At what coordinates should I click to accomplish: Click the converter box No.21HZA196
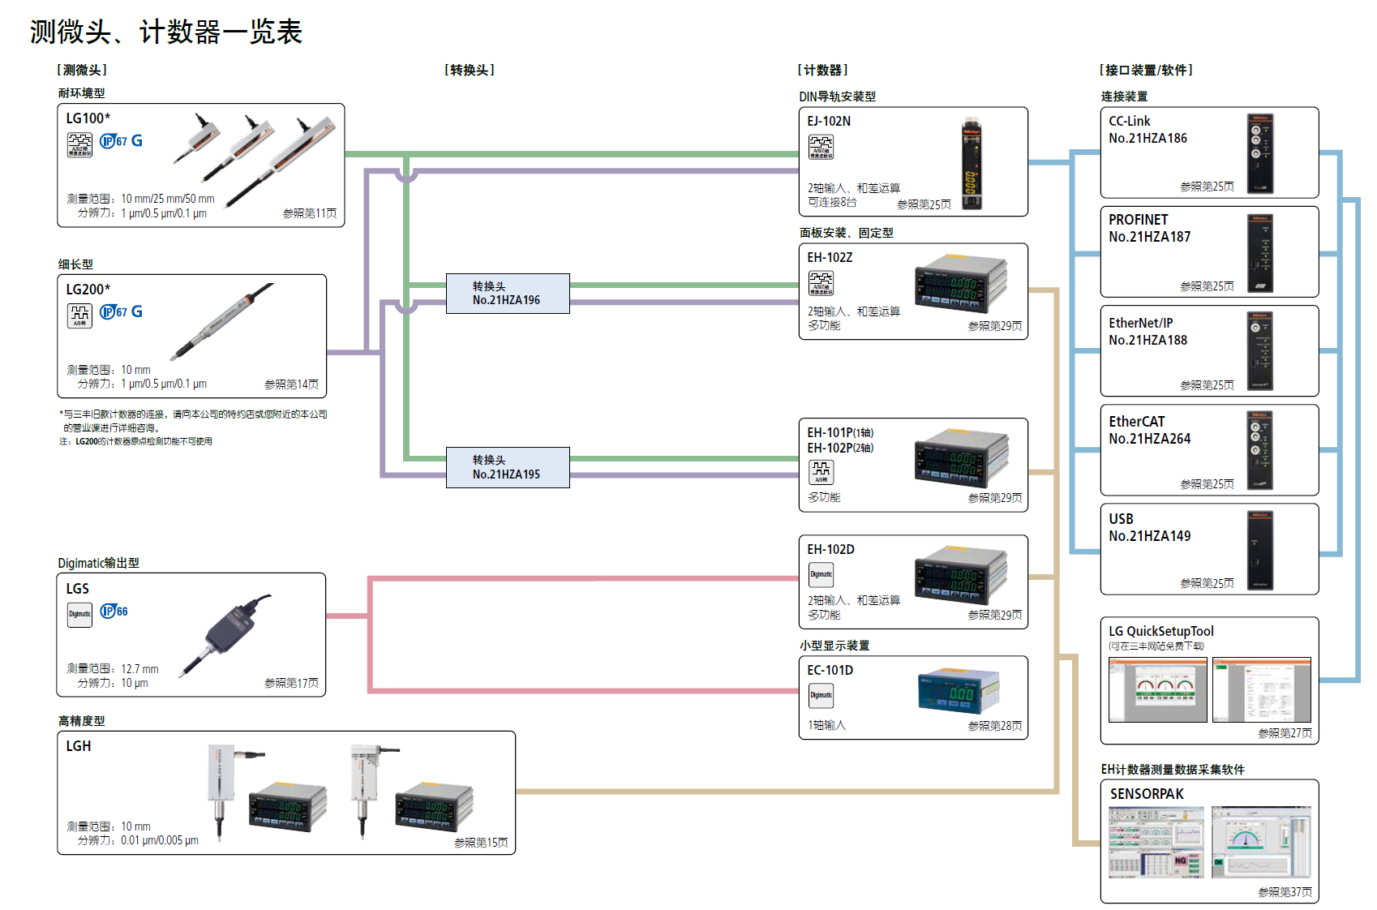[508, 294]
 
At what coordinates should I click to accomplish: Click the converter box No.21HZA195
[508, 468]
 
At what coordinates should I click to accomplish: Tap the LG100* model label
[88, 118]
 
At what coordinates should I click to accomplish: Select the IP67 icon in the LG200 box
[114, 312]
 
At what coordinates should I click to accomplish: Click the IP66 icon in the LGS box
[114, 612]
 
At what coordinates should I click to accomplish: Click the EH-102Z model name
[830, 258]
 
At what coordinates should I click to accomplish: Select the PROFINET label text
[1139, 220]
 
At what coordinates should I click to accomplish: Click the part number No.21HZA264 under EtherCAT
[1149, 439]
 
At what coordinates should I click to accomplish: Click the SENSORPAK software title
[1147, 794]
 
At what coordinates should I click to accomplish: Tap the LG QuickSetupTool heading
[1160, 631]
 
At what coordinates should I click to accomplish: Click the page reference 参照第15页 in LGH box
[481, 843]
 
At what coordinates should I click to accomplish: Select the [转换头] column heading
[470, 71]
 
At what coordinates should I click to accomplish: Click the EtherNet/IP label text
[1140, 323]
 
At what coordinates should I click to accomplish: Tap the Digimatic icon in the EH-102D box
[821, 575]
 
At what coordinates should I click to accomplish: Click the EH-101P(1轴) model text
[840, 432]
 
